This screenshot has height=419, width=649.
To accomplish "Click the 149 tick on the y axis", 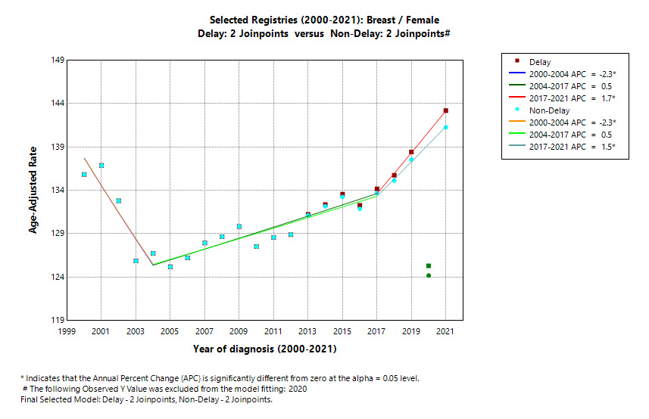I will [x=56, y=60].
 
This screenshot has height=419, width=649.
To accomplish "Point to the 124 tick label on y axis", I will [x=56, y=278].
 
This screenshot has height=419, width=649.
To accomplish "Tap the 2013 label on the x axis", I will [x=307, y=332].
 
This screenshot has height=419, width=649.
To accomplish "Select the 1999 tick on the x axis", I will [x=67, y=332].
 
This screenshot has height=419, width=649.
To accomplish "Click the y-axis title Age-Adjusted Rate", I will [x=33, y=190].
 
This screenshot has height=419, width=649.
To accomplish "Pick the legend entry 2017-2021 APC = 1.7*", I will [x=572, y=98].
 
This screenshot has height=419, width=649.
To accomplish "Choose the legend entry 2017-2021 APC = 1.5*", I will [x=572, y=146].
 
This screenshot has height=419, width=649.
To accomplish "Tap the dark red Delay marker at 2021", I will [x=446, y=110].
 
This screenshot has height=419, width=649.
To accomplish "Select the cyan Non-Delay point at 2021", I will [x=446, y=127].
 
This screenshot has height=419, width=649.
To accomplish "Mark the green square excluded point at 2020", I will [x=429, y=265].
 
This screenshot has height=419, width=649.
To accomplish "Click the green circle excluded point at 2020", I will [x=429, y=275].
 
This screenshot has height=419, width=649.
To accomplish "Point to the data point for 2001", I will [x=101, y=165].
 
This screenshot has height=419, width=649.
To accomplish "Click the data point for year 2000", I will [x=84, y=175].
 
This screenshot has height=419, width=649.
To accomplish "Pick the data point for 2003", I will [x=136, y=261].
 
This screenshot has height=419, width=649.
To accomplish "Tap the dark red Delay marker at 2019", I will [x=411, y=152].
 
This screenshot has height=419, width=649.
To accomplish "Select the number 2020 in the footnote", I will [x=297, y=389].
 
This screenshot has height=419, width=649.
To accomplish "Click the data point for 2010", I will [x=256, y=247].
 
